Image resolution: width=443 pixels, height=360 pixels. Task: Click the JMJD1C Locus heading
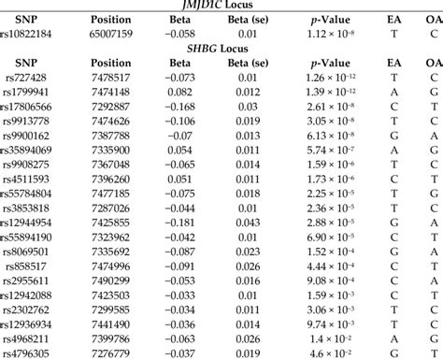point(221,4)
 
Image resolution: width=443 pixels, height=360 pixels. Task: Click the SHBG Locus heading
point(221,48)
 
